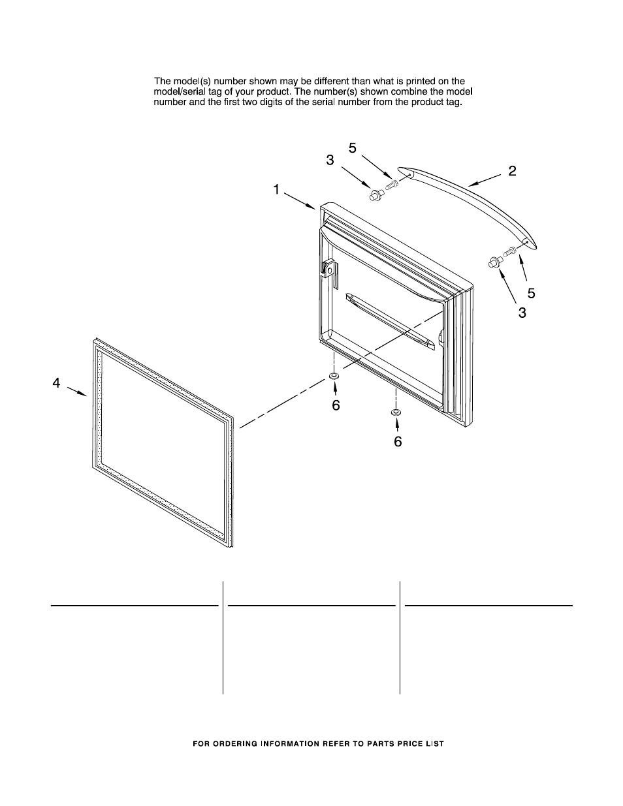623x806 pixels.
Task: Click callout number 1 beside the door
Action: (x=277, y=189)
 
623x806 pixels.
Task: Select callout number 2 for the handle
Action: (x=513, y=171)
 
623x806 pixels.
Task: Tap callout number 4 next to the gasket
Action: (x=57, y=383)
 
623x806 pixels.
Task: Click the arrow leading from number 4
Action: (x=77, y=392)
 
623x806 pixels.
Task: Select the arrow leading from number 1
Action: (x=302, y=201)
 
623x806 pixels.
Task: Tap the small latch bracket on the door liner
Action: (x=329, y=269)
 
